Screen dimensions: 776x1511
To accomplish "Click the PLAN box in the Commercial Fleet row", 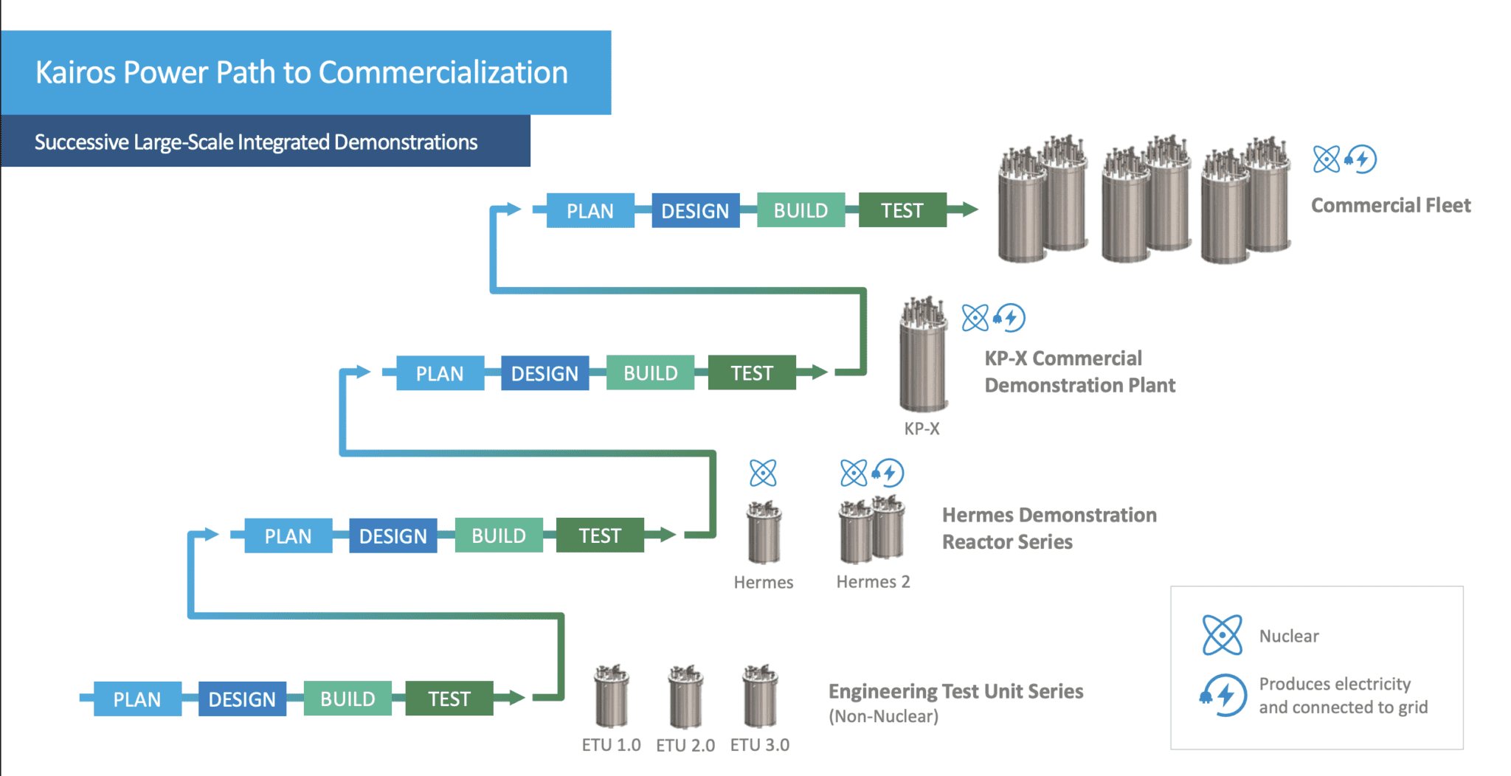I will [589, 211].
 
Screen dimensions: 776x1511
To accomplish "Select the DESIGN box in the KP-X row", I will [544, 373].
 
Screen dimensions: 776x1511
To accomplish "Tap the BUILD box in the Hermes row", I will [499, 536].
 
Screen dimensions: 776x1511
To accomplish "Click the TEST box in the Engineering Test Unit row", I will [449, 699].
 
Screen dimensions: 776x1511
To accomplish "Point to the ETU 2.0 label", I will [685, 746].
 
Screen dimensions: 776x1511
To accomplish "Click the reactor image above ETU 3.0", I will [760, 696].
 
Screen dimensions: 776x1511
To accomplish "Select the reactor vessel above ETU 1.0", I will [612, 696].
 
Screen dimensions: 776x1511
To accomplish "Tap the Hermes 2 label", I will [873, 582].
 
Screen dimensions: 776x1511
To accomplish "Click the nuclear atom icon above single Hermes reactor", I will [763, 473].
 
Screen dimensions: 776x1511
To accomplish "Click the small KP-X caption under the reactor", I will [922, 429].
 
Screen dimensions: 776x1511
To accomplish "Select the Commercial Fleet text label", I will [1390, 205].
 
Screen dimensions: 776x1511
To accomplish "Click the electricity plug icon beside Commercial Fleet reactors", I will [1360, 159].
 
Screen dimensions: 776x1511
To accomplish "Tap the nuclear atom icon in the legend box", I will [1222, 635].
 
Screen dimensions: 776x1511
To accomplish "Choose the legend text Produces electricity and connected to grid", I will [1343, 696].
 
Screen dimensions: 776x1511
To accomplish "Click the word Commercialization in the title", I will [443, 72].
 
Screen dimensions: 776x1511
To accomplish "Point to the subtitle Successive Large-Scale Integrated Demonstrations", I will [256, 142].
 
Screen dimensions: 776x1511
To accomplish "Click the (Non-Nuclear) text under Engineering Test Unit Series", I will [883, 716].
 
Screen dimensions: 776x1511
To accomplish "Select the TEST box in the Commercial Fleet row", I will [902, 211].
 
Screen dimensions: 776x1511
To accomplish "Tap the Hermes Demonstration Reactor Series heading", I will [1048, 528].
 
